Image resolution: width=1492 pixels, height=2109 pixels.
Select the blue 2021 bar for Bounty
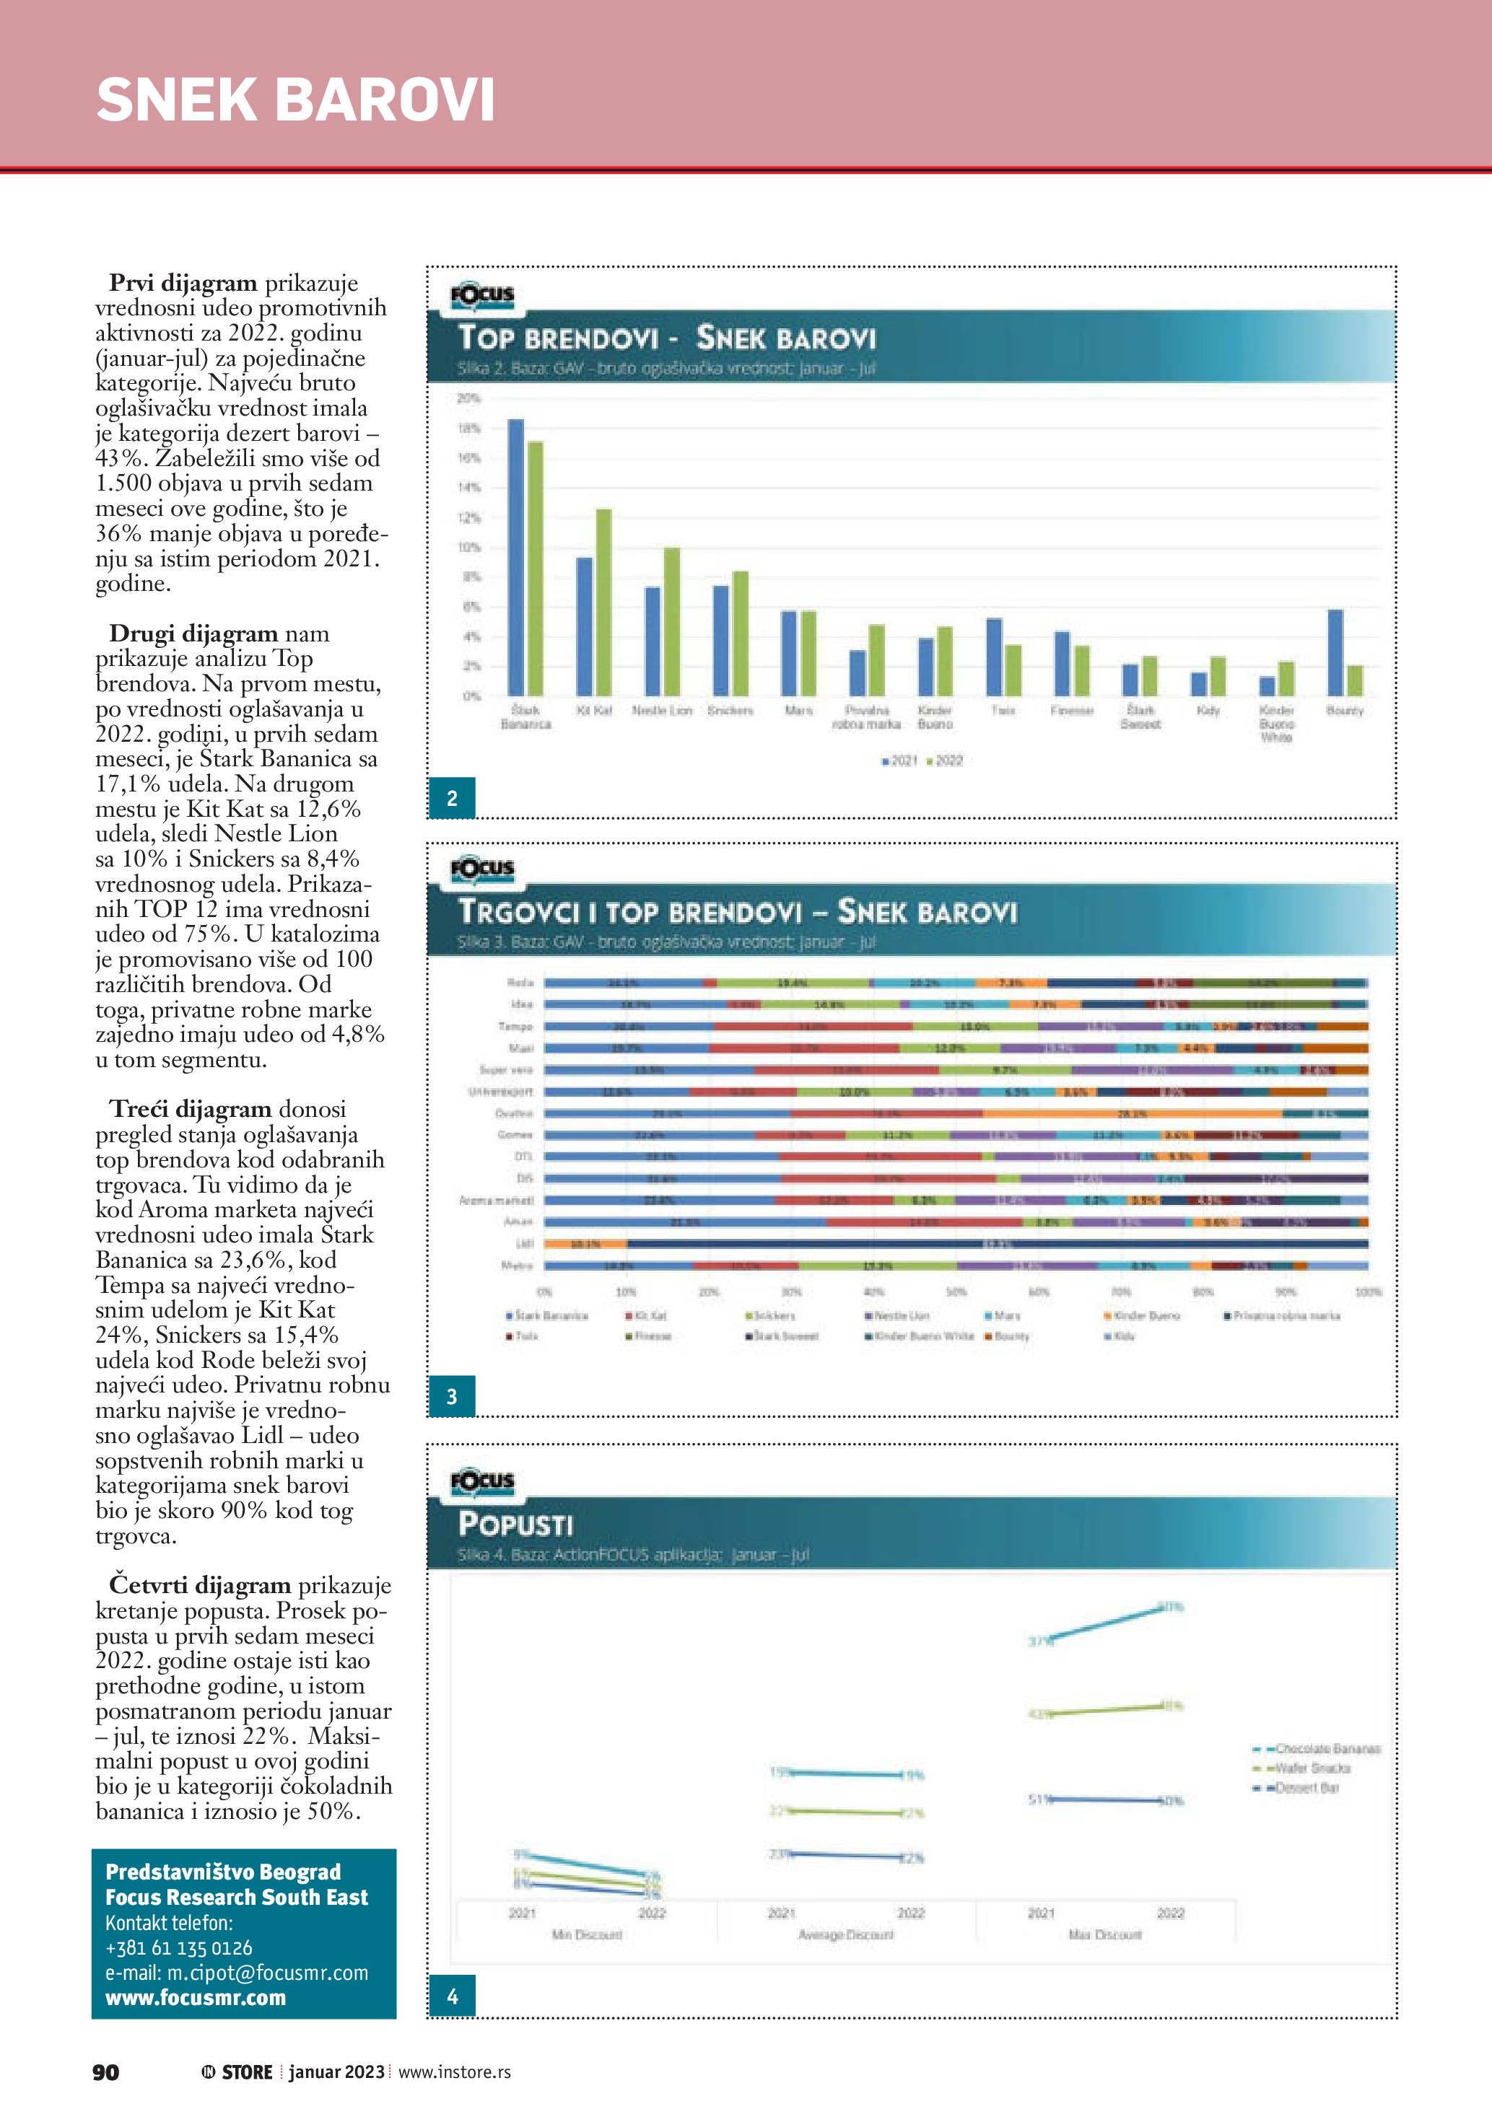[1335, 652]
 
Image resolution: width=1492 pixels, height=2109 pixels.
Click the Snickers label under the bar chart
[730, 711]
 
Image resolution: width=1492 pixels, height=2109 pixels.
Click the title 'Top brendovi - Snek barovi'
[667, 338]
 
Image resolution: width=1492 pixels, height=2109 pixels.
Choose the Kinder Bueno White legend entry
[920, 1336]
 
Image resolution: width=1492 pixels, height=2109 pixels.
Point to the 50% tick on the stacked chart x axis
[956, 1292]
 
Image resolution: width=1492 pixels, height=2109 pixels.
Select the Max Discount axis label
[1105, 1934]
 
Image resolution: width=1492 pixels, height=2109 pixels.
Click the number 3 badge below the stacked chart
[452, 1396]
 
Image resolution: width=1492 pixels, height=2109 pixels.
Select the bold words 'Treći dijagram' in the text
[190, 1110]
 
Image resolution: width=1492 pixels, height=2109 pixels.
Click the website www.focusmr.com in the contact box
[196, 1997]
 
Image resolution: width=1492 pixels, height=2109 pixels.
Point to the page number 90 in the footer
[105, 2071]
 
